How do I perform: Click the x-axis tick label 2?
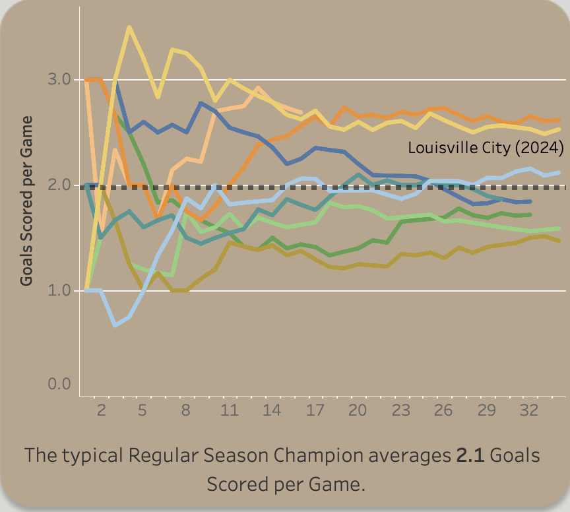(101, 410)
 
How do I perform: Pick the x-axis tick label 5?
(142, 410)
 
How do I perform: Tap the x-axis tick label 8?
(185, 410)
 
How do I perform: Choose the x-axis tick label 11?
(228, 410)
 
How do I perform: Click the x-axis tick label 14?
(272, 410)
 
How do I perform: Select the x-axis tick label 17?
(315, 410)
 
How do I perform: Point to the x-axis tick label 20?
(358, 410)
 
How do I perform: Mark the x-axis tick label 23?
(400, 410)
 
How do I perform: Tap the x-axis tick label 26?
(443, 410)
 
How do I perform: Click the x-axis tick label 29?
(486, 410)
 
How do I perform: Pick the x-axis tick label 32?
(529, 410)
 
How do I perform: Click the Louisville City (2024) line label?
(486, 148)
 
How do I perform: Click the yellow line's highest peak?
(129, 27)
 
